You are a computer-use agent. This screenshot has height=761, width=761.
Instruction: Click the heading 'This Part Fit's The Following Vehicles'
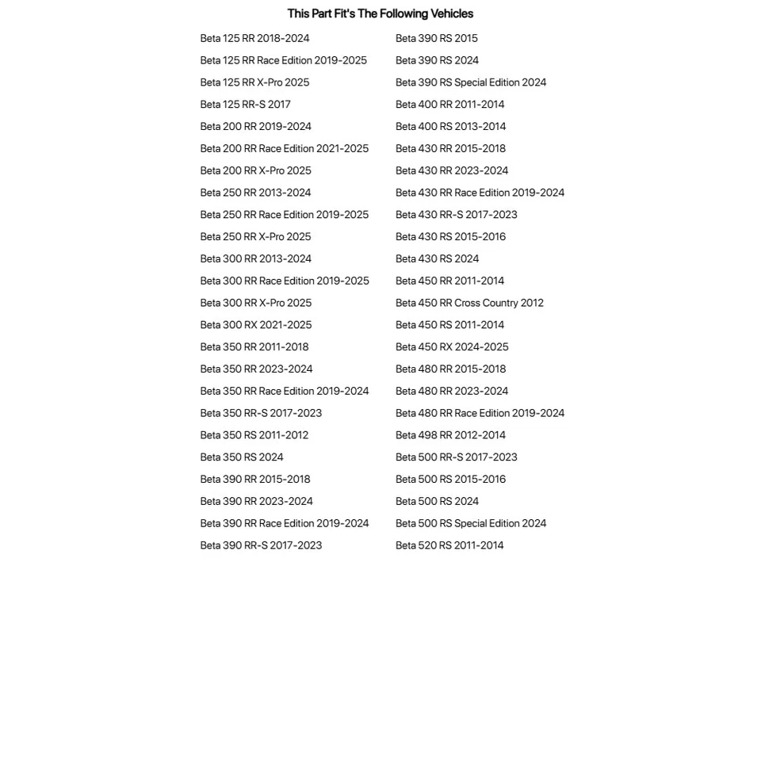pyautogui.click(x=380, y=13)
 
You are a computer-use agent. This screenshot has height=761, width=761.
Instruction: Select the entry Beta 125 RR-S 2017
pyautogui.click(x=245, y=105)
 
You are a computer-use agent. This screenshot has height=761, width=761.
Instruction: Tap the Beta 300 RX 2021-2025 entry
pyautogui.click(x=255, y=325)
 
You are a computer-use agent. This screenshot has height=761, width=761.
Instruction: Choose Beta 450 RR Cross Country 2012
pyautogui.click(x=469, y=303)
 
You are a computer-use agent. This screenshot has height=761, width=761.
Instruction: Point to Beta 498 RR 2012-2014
pyautogui.click(x=450, y=435)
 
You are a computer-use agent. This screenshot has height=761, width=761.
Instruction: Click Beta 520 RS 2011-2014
pyautogui.click(x=449, y=545)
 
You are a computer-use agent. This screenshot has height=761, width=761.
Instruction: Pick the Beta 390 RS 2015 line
pyautogui.click(x=436, y=38)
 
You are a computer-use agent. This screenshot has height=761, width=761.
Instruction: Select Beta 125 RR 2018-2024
pyautogui.click(x=254, y=38)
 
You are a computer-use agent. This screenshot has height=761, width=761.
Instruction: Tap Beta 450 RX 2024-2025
pyautogui.click(x=452, y=347)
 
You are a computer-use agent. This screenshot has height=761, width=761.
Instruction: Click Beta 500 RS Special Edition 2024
pyautogui.click(x=471, y=523)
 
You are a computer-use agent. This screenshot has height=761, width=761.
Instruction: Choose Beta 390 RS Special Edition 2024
pyautogui.click(x=471, y=82)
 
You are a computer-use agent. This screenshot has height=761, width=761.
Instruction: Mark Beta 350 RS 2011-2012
pyautogui.click(x=254, y=435)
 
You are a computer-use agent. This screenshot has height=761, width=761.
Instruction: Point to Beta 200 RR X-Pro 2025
pyautogui.click(x=255, y=170)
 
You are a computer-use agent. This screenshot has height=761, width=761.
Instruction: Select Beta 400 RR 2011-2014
pyautogui.click(x=449, y=105)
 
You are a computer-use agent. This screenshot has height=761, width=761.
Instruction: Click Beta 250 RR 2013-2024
pyautogui.click(x=255, y=193)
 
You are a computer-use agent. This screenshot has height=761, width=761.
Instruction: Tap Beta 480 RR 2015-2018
pyautogui.click(x=450, y=369)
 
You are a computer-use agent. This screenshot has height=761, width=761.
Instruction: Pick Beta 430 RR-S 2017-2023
pyautogui.click(x=456, y=215)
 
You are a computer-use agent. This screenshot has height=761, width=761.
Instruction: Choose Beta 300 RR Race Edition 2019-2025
pyautogui.click(x=285, y=281)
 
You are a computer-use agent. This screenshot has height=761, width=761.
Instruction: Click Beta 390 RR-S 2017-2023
pyautogui.click(x=261, y=545)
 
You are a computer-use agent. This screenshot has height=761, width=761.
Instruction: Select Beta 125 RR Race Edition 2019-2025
pyautogui.click(x=283, y=60)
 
